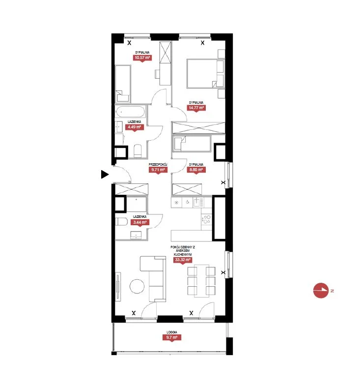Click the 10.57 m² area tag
tap(142, 58)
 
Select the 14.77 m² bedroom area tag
tap(196, 108)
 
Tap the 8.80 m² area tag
tap(196, 170)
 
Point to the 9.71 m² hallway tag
tap(158, 170)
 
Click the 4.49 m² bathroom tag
tap(134, 127)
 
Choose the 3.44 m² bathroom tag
tap(140, 222)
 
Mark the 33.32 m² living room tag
tap(183, 260)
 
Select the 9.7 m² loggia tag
tap(172, 337)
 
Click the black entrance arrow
tap(105, 174)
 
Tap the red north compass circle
tap(321, 291)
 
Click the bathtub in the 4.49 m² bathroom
tap(130, 112)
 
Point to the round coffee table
tap(137, 286)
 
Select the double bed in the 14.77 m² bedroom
tap(206, 73)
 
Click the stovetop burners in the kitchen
tap(206, 219)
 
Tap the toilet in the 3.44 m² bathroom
tap(121, 221)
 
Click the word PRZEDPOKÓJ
tap(158, 164)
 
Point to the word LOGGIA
tap(172, 332)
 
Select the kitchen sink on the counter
tap(198, 202)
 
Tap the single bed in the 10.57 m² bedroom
tap(123, 84)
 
